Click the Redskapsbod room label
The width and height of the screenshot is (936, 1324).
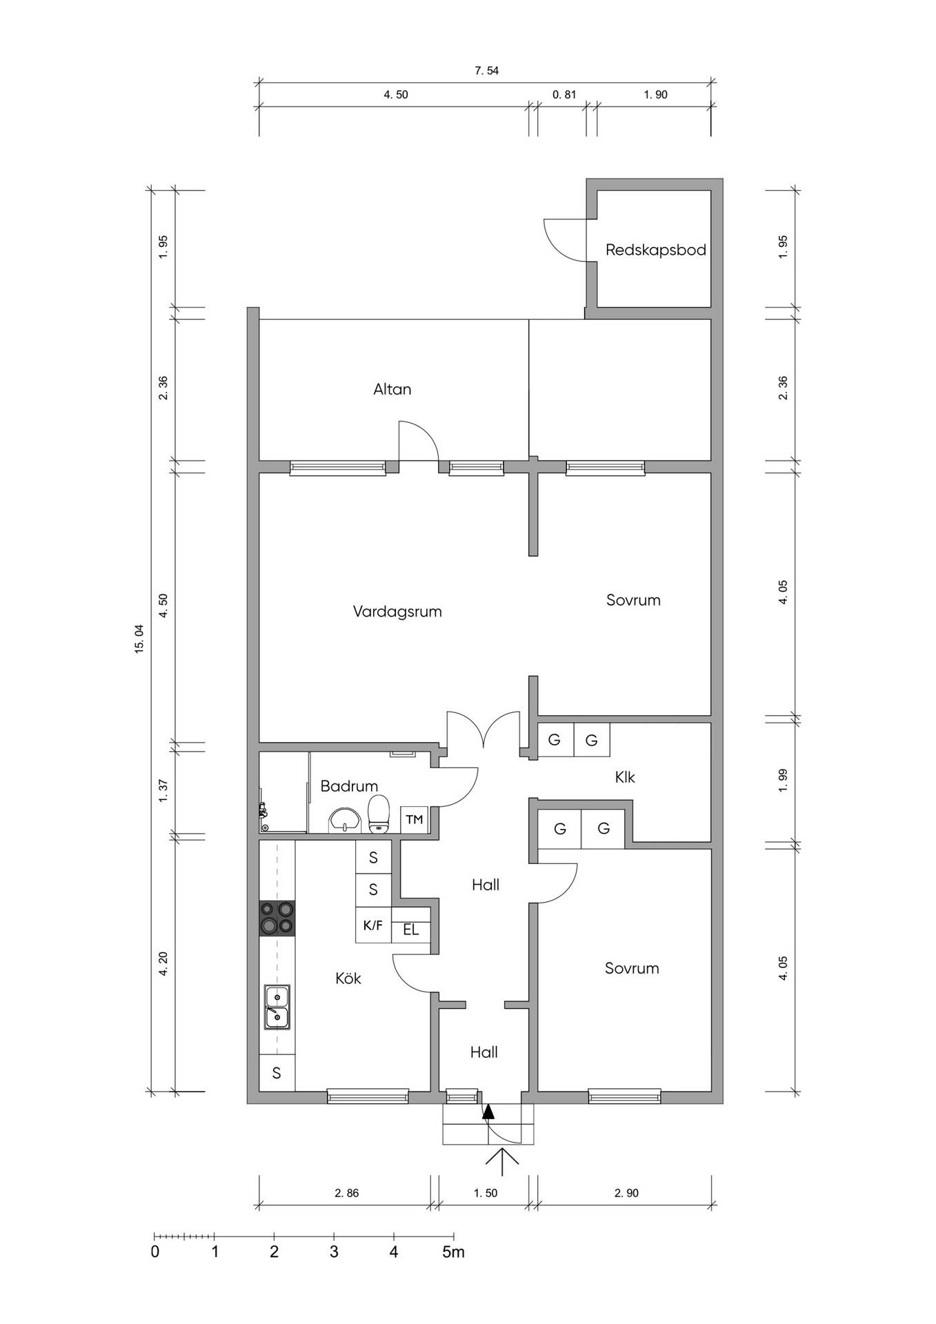(655, 250)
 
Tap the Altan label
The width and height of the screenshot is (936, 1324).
(392, 389)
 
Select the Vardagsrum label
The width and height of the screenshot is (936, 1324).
(397, 612)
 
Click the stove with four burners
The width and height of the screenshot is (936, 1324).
(277, 919)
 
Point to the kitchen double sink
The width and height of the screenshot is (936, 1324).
(277, 1007)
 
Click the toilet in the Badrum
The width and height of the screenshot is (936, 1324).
(378, 814)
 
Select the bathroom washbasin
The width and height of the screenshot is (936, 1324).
(343, 821)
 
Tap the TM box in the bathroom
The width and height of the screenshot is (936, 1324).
(415, 819)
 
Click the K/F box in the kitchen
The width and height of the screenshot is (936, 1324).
(373, 925)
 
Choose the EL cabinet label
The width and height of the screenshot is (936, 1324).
(411, 930)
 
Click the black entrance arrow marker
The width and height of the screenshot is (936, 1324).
(488, 1111)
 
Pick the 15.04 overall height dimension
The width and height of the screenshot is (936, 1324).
(139, 638)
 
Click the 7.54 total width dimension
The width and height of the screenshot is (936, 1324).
(487, 70)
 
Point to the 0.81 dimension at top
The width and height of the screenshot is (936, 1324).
(564, 94)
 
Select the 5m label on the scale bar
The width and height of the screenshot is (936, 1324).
(454, 1252)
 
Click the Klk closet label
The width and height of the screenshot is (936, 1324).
(625, 777)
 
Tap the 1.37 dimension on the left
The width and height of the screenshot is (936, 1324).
(163, 790)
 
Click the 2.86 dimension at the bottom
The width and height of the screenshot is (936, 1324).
(346, 1193)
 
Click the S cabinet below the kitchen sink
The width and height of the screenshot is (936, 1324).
(277, 1073)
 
